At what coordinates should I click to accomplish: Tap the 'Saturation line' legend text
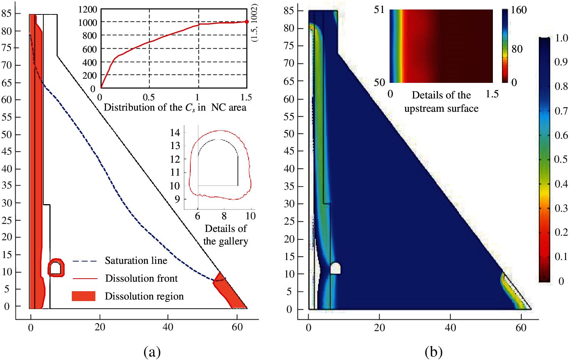tap(136, 261)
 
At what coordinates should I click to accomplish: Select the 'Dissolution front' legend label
tap(141, 279)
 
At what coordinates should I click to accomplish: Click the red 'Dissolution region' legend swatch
tap(84, 296)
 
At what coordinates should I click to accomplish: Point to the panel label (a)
tap(152, 352)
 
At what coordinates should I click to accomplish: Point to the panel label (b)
tap(433, 352)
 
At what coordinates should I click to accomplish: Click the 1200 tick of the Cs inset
tap(88, 10)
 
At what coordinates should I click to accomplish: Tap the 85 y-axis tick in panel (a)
tap(6, 13)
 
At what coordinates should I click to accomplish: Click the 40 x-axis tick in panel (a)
tap(168, 327)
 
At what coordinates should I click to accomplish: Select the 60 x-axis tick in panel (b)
tap(521, 328)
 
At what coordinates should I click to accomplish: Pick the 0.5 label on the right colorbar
tap(561, 159)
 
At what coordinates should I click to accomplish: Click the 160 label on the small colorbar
tap(519, 10)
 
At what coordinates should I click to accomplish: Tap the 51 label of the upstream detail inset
tap(379, 10)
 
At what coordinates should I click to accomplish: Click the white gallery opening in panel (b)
tap(335, 268)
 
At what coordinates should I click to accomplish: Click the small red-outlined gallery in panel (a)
tap(56, 268)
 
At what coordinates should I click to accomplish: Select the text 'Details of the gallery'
tap(226, 235)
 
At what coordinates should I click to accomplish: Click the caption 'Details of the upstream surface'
tap(441, 101)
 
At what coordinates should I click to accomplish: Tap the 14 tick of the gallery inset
tap(175, 133)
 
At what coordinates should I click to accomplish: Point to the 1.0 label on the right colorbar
tap(561, 38)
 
